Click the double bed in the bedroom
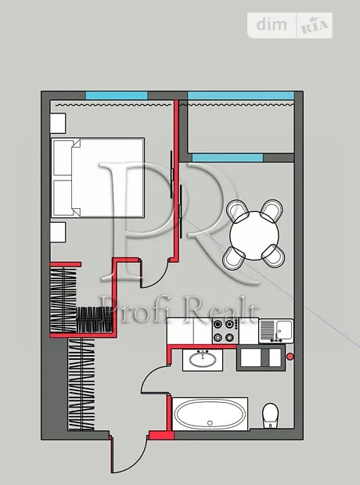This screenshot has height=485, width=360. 98,178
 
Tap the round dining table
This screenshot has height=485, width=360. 254,235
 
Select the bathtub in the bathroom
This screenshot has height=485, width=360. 210,414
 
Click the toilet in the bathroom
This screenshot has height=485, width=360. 270,415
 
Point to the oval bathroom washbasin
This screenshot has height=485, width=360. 203,360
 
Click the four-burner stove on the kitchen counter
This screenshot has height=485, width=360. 225,331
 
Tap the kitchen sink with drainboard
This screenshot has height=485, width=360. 275,331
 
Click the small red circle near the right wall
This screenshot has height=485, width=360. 290,357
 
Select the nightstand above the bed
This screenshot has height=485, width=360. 58,123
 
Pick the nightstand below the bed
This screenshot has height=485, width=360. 58,232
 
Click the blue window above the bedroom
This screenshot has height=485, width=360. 117,95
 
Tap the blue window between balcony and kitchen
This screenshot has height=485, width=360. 228,158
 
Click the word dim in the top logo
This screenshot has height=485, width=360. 272,25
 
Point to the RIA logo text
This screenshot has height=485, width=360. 315,26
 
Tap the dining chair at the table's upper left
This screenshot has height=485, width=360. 238,210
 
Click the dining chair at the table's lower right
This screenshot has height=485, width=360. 273,256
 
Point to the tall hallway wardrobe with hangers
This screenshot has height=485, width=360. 81,384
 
